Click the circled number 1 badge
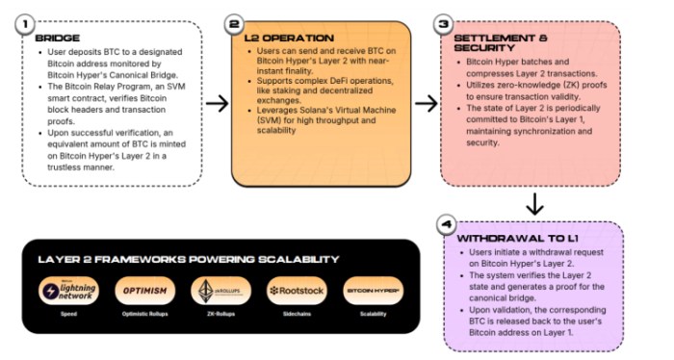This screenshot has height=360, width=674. pos(29,23)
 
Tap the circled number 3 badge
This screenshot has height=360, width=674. pos(444,23)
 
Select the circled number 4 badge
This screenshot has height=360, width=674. pos(444,225)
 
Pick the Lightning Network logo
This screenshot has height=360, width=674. pos(69,291)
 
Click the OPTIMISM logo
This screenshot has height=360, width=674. pos(144,291)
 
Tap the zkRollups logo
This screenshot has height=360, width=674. pos(220,291)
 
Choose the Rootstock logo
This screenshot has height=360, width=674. pos(296,291)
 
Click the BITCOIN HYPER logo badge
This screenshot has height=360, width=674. pos(373,291)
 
